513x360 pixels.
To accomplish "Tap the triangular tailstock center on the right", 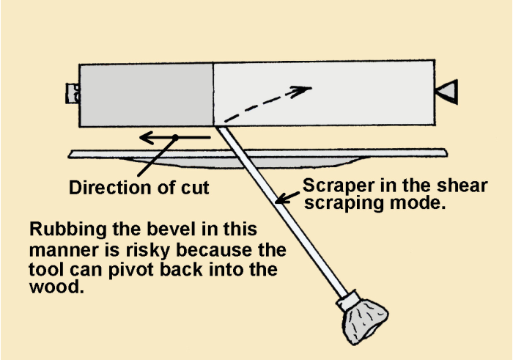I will (x=446, y=92).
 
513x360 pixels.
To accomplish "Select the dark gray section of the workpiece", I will (x=146, y=95).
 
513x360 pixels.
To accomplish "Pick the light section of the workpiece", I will (x=322, y=95).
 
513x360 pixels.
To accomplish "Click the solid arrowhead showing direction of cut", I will (x=147, y=137).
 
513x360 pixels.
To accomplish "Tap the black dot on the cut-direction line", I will (x=176, y=137).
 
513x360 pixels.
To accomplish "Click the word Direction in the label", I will (x=105, y=188).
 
